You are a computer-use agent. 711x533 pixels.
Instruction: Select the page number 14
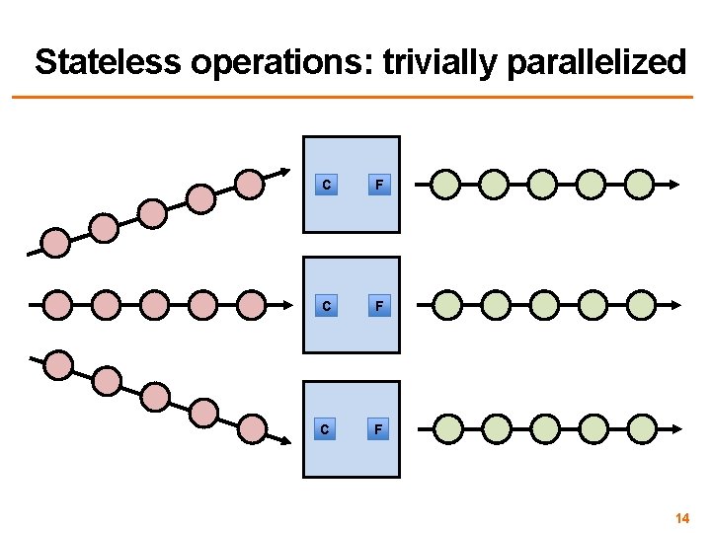tap(681, 518)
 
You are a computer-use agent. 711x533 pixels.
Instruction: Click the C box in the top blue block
tap(327, 185)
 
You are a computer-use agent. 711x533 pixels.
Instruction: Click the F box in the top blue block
tap(377, 185)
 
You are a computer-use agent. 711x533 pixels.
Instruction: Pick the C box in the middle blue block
tap(327, 306)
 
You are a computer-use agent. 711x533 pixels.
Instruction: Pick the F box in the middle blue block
tap(377, 306)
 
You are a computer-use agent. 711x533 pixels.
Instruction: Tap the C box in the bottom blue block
tap(327, 429)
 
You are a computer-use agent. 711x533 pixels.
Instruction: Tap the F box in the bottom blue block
tap(377, 429)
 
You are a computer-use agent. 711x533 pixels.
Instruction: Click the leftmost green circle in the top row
tap(446, 184)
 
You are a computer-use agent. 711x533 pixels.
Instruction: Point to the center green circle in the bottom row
tap(544, 428)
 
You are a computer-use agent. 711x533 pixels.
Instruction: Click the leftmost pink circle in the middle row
tap(57, 305)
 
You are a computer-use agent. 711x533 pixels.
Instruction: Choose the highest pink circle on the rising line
tap(251, 184)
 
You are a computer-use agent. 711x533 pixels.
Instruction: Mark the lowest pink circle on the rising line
tap(55, 243)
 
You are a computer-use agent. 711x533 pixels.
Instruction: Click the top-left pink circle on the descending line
tap(59, 365)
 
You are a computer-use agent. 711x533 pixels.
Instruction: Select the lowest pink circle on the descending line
tap(253, 428)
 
